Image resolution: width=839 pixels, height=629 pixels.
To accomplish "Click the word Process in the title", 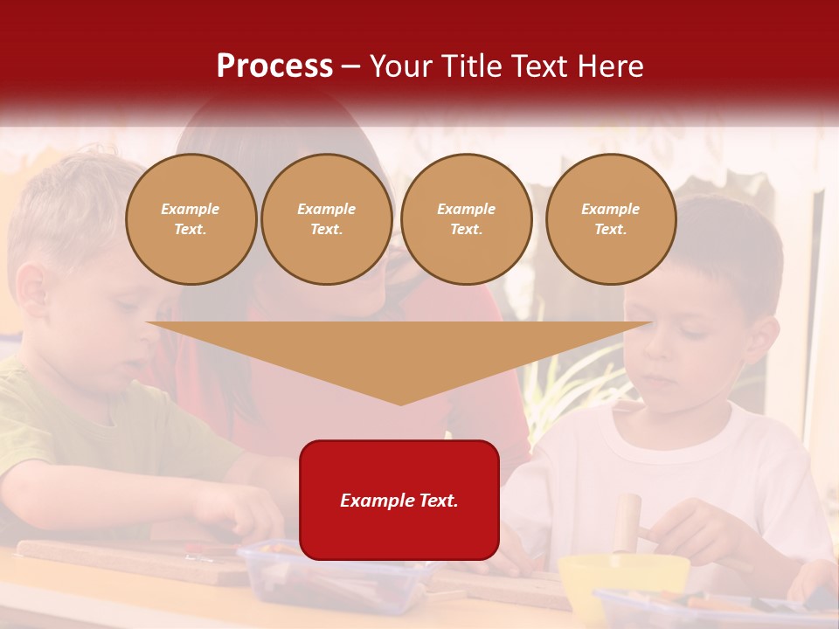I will pyautogui.click(x=274, y=66).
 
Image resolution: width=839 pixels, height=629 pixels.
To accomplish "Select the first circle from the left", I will pyautogui.click(x=191, y=219).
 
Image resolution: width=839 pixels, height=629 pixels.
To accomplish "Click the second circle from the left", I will pyautogui.click(x=327, y=219).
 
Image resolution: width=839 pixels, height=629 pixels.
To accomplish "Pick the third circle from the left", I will pyautogui.click(x=467, y=219).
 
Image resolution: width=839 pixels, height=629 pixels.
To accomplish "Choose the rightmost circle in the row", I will pyautogui.click(x=611, y=219).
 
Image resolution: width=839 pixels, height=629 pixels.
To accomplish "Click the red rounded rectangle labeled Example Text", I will pyautogui.click(x=399, y=500).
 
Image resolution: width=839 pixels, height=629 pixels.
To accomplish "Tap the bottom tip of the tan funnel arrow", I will pyautogui.click(x=400, y=403).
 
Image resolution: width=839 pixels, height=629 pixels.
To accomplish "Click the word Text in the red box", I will pyautogui.click(x=437, y=501).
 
